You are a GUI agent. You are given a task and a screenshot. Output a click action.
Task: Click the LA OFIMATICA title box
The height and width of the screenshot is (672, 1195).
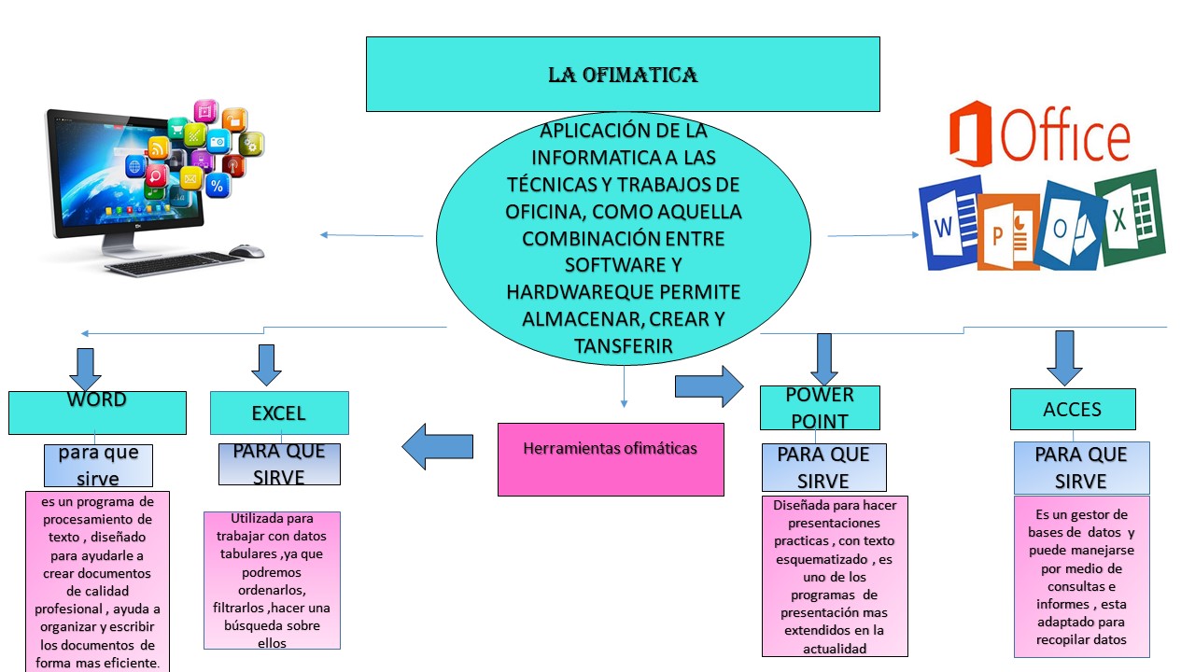coord(623,75)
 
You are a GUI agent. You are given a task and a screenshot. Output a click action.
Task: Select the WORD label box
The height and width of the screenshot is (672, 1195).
coord(97,413)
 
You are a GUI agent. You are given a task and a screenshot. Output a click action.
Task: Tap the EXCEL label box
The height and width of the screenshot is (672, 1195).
coord(279,413)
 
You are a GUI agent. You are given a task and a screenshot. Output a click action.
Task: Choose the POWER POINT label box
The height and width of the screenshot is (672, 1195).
coord(821,408)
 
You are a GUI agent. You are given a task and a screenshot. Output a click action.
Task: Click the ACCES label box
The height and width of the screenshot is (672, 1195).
coord(1073,409)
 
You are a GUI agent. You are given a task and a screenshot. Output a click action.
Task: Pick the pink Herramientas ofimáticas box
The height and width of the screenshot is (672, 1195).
coord(611,458)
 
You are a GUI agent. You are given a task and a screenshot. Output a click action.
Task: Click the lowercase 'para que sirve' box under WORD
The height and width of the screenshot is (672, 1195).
coord(98,465)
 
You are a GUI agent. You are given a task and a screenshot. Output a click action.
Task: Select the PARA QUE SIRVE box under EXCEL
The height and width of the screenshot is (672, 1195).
coord(279,464)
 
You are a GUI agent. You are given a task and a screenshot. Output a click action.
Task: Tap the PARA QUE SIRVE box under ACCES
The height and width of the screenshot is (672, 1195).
coord(1081,468)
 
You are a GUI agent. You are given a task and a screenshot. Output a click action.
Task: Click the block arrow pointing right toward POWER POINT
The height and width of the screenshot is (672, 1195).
coord(708,385)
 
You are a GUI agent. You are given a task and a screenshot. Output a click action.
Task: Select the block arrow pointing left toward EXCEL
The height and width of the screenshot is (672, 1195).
coord(437,447)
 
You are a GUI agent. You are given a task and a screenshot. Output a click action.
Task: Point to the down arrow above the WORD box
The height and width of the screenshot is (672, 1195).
coord(86,369)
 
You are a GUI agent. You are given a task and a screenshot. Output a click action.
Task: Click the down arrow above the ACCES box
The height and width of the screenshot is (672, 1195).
coord(1063,357)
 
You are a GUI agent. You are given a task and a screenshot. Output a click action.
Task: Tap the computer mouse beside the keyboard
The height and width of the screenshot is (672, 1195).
coord(246,251)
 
